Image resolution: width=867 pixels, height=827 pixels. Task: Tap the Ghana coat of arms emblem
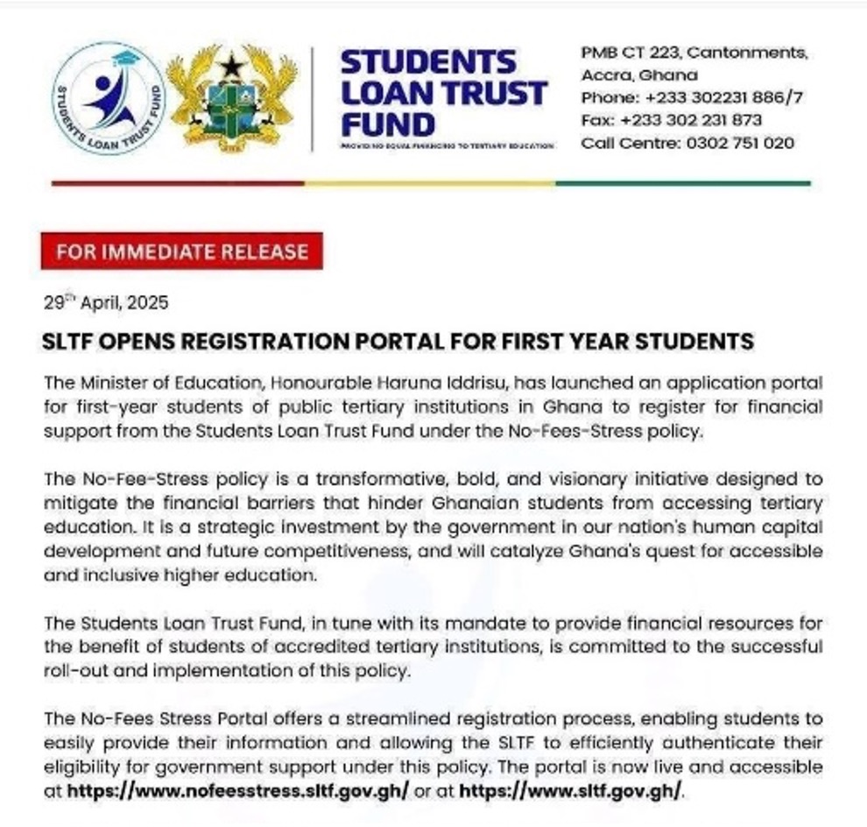[x=231, y=98]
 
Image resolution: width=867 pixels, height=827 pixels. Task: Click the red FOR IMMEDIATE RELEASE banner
[x=182, y=252]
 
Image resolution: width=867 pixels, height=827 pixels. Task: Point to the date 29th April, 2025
[x=105, y=303]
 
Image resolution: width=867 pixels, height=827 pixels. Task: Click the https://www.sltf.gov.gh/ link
[x=568, y=789]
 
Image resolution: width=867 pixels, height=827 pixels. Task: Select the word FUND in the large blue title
[x=387, y=124]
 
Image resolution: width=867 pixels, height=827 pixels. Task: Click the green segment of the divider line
[x=683, y=183]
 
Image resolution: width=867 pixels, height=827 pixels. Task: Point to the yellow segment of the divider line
[x=429, y=183]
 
